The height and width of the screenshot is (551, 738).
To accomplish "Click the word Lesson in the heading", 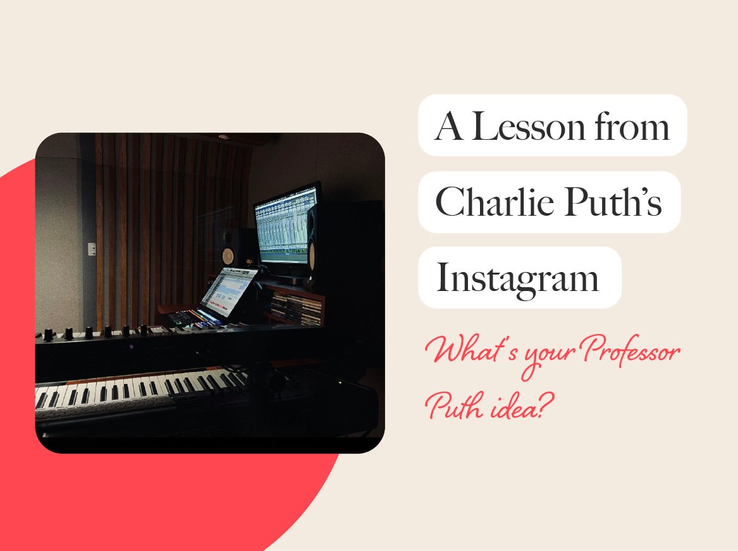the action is point(529,127).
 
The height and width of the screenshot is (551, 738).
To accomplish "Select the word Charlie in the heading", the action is point(495,201).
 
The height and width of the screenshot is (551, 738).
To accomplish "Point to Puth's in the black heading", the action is point(613,201).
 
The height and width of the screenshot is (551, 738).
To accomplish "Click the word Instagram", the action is point(517,279).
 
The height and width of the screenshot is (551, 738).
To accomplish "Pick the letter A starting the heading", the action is point(448,127).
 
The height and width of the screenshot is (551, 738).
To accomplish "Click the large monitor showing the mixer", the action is point(286,225).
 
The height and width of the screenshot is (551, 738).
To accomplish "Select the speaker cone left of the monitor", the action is point(228,255).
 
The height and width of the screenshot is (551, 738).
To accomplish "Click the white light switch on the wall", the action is point(92,249).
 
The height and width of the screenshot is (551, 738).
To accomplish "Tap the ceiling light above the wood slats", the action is point(224,137).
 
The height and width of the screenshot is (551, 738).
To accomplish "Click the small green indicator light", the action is point(340,382).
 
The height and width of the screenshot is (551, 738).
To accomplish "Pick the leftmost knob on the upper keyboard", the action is point(48,335).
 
